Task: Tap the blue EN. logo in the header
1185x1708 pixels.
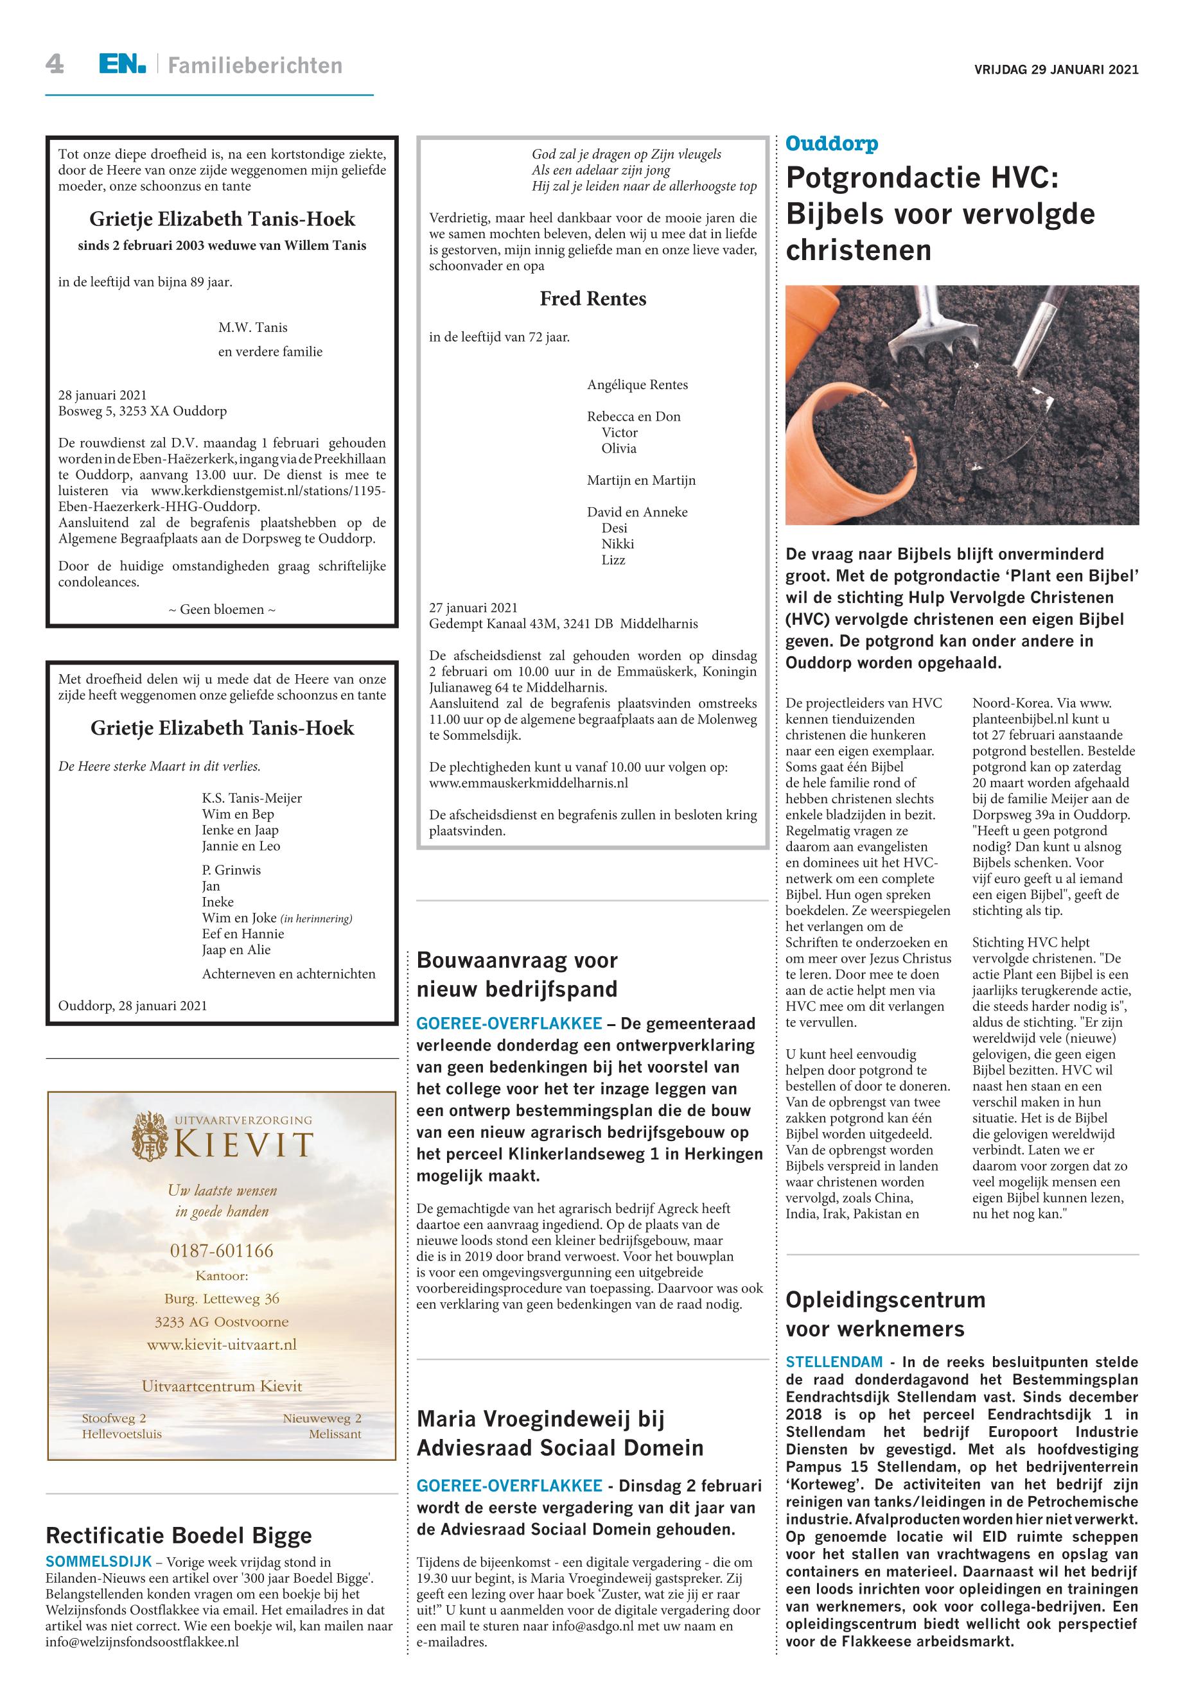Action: (123, 65)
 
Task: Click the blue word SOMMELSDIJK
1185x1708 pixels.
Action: (99, 1562)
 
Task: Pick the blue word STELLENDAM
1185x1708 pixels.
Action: (834, 1362)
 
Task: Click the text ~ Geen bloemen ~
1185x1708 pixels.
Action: (222, 609)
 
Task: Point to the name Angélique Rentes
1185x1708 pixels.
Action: (637, 385)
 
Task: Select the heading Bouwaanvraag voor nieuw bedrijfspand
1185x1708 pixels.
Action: (518, 975)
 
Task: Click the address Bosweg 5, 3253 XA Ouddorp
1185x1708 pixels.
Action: (143, 411)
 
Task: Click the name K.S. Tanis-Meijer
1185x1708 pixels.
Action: (252, 798)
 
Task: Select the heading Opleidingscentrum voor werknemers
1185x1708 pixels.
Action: (885, 1314)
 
